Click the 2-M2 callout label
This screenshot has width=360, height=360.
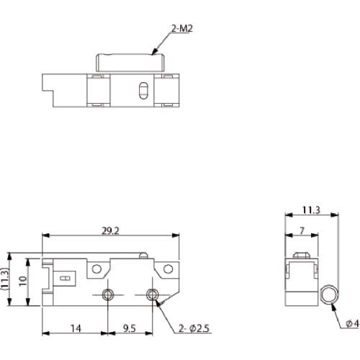(x=182, y=29)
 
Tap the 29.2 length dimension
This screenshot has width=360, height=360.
(x=110, y=231)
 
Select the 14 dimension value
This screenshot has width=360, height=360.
(x=76, y=328)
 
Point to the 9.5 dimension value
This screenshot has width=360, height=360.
(x=130, y=328)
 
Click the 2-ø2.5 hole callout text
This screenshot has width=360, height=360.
(x=194, y=328)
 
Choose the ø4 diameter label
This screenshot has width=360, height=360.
(x=352, y=324)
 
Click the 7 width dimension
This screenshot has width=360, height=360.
(x=302, y=231)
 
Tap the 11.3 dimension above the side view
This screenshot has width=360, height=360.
(x=311, y=210)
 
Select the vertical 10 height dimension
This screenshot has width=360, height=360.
(x=23, y=281)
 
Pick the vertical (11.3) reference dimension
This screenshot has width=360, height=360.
(x=4, y=279)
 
